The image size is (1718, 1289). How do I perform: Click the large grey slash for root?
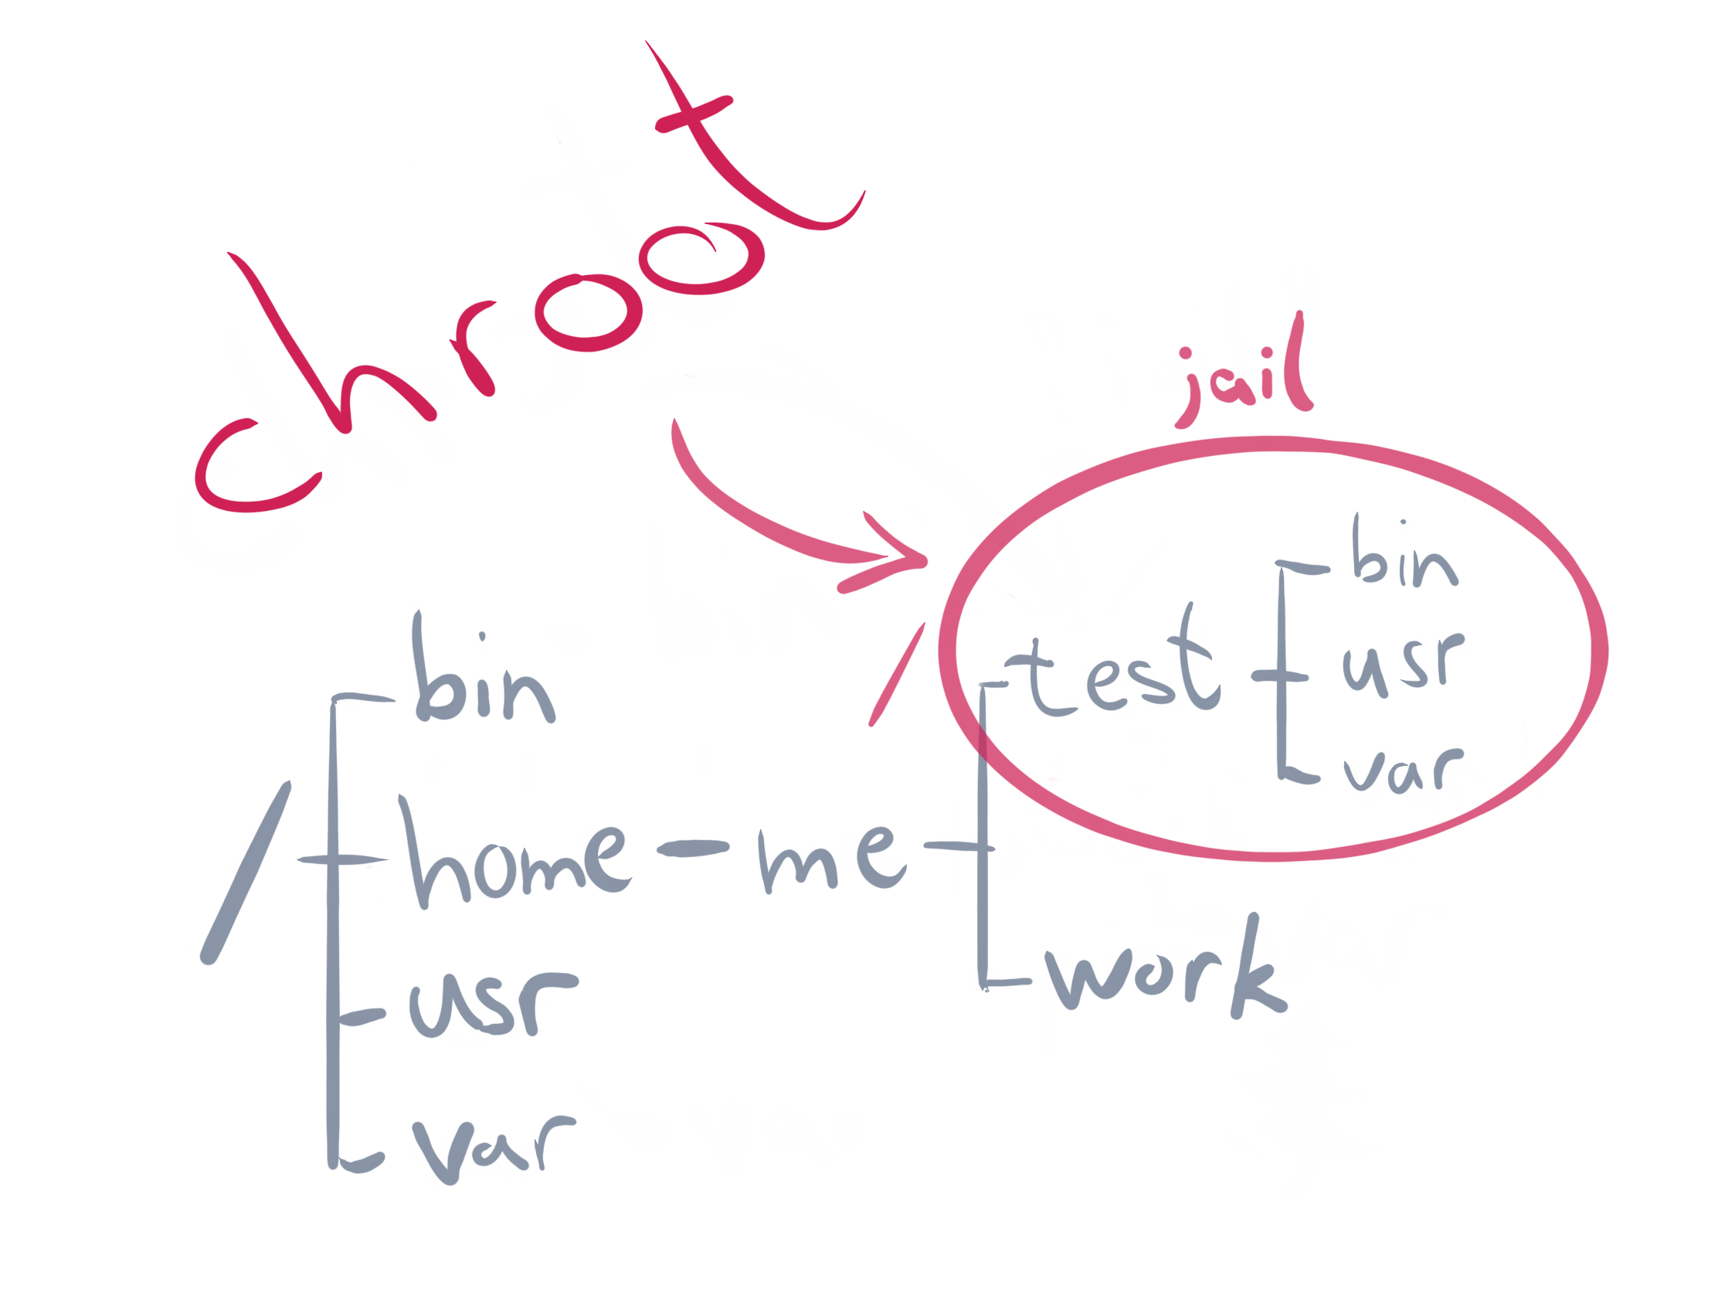(x=246, y=874)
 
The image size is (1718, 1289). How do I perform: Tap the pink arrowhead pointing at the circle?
(x=901, y=556)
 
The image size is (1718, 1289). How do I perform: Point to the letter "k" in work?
(x=1255, y=971)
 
